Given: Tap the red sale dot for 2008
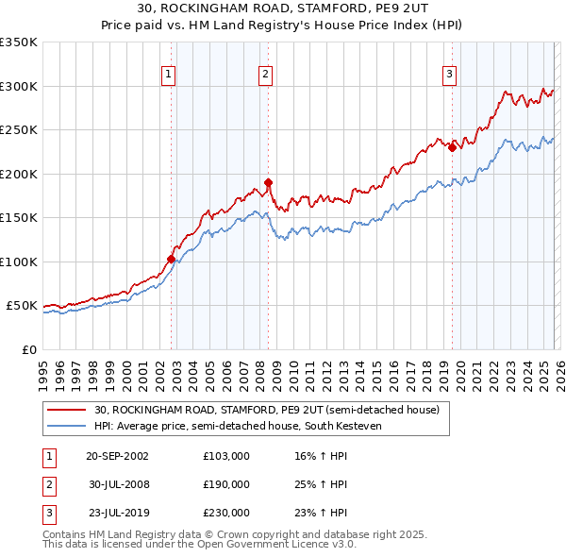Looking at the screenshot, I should (269, 182).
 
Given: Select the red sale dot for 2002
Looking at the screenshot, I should (172, 259).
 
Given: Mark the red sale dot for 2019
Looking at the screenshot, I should (452, 147).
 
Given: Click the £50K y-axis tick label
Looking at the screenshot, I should (22, 306).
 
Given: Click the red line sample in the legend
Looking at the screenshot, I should (68, 411).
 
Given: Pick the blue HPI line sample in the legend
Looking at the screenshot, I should (68, 427).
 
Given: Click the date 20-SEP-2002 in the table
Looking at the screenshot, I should (117, 456).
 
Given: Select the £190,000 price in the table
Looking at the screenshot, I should (225, 484).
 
